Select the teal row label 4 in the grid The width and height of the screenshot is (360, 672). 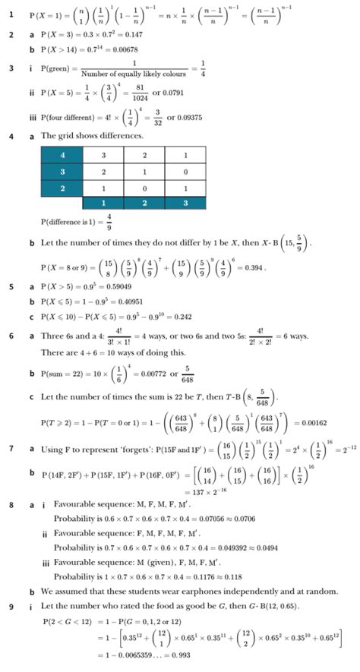(x=61, y=156)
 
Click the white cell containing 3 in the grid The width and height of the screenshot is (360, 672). (x=103, y=156)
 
